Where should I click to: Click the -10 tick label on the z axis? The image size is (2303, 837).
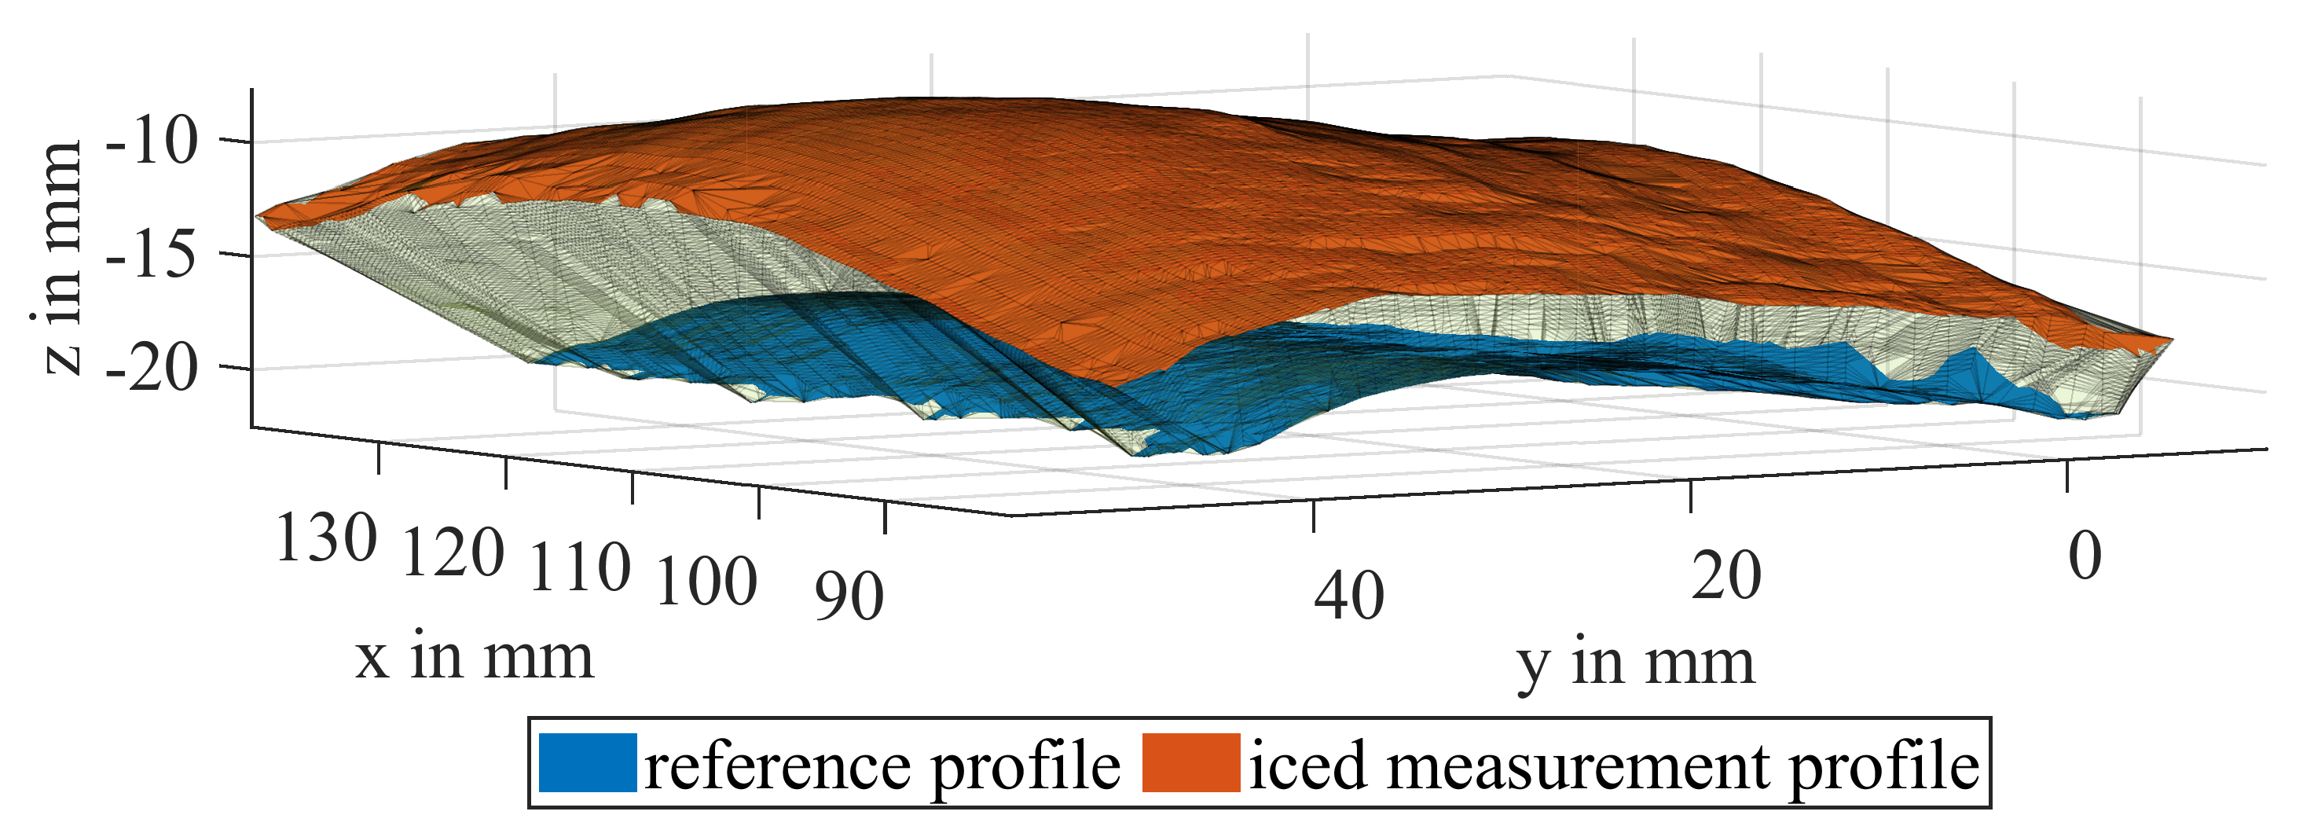point(152,142)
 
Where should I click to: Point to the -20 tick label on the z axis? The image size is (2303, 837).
point(152,369)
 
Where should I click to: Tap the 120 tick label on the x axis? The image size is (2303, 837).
point(453,553)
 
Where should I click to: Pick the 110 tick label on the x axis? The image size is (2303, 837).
point(580,568)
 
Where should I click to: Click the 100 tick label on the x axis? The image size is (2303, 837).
point(706,582)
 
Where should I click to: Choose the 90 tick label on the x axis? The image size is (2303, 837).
point(849,597)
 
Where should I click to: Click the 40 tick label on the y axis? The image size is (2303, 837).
point(1349,596)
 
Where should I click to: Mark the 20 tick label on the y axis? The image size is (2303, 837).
point(1726,576)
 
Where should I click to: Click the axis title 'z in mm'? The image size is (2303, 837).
point(63,258)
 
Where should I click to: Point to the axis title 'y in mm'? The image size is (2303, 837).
point(1635,663)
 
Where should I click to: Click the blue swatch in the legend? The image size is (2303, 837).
point(588,763)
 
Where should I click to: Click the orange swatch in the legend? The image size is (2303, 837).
point(1191,763)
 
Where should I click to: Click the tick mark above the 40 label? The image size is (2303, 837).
point(1313,517)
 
